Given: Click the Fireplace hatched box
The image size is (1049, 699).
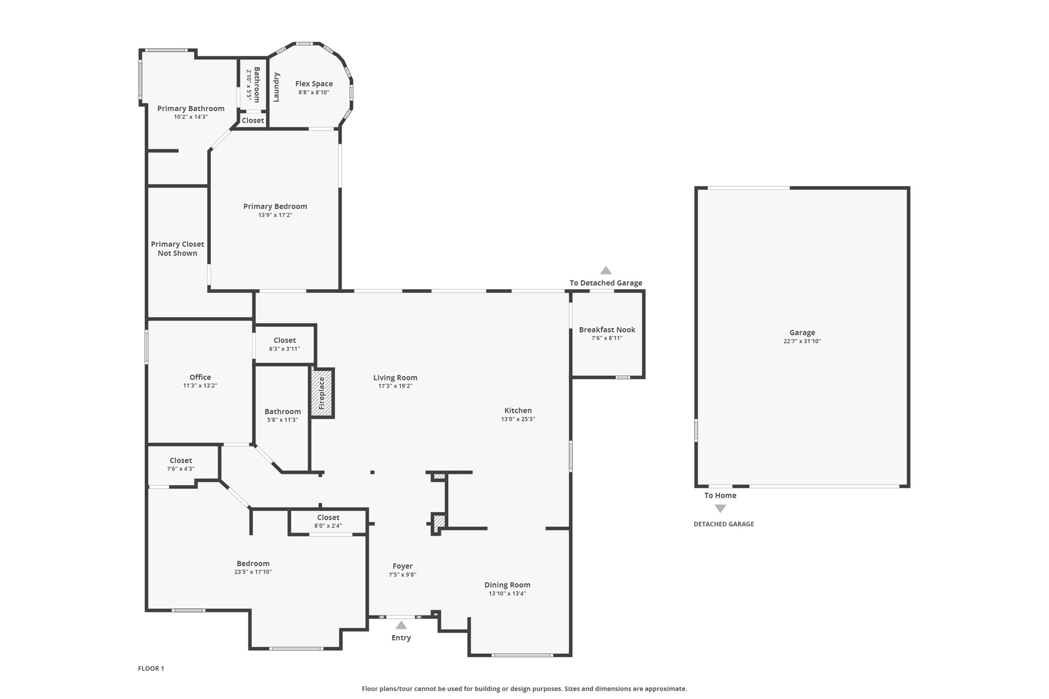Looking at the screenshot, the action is pos(322,393).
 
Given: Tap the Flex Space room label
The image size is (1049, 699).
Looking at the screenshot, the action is pos(314,83).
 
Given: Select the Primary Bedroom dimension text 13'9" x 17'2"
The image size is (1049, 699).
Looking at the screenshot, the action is pos(275,215).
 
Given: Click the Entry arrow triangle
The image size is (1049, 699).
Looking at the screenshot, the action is pos(401,625).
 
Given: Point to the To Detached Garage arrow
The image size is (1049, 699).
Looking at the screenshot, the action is pos(606,270).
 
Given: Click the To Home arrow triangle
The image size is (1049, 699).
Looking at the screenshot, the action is pos(720,509).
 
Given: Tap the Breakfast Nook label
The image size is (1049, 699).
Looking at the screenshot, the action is pos(607,330).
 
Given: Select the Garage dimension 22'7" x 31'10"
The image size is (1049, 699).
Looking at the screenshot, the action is pos(802,341).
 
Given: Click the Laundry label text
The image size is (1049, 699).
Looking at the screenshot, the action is pos(276,87).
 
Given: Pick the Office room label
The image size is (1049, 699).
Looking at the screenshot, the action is pos(200,377).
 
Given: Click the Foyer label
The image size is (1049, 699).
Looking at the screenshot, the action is pos(403,566).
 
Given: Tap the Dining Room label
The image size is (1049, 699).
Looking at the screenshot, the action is pos(508,585).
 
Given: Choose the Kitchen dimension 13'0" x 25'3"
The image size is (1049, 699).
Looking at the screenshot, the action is pos(518,419).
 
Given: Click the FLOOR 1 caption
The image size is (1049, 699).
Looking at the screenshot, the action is pos(151,668).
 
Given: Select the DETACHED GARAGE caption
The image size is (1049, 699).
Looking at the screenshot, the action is pos(724,524).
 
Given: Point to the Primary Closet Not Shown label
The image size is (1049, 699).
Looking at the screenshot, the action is pos(177,248).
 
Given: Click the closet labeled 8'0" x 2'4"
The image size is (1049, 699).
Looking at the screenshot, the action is pos(328,521).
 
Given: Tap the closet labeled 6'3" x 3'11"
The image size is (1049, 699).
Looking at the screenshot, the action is pos(284,344).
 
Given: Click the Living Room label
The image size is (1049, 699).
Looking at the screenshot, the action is pos(395,377).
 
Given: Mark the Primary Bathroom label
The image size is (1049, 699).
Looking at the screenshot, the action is pos(191,109).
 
